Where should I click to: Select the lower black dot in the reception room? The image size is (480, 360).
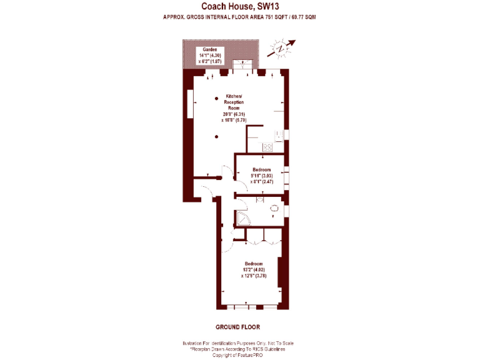coord(216,137)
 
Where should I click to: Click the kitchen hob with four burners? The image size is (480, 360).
coord(268,148)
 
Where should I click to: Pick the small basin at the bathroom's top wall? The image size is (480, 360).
coord(261,200)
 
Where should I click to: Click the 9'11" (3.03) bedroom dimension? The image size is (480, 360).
coord(261,176)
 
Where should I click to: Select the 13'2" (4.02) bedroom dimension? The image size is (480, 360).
coord(254,269)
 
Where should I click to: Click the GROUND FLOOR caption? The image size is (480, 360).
coord(237,327)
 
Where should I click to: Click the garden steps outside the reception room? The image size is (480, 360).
coord(242,64)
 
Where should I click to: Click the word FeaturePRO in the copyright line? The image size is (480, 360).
coord(251,354)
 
